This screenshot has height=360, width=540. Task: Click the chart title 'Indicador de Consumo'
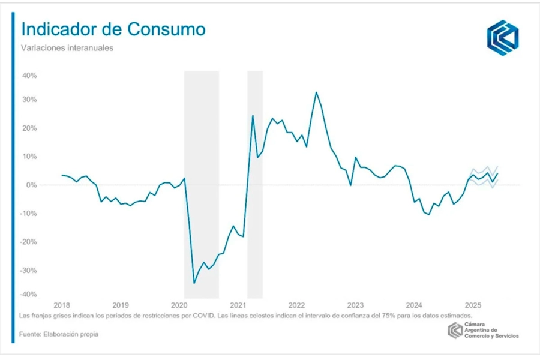point(113,30)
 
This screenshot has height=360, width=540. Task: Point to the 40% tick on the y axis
point(30,76)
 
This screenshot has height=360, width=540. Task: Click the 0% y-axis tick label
point(32,185)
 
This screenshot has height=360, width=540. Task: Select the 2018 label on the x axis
point(62,304)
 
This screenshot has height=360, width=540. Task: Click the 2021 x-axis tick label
point(238,304)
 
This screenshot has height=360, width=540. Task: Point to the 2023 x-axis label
point(355,304)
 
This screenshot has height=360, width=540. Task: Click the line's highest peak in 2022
point(316,92)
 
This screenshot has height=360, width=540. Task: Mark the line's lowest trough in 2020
point(194,283)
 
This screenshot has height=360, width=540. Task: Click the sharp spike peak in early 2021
point(253,115)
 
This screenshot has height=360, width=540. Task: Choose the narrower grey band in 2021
point(255,180)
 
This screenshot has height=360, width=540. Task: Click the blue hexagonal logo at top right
point(502,37)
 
